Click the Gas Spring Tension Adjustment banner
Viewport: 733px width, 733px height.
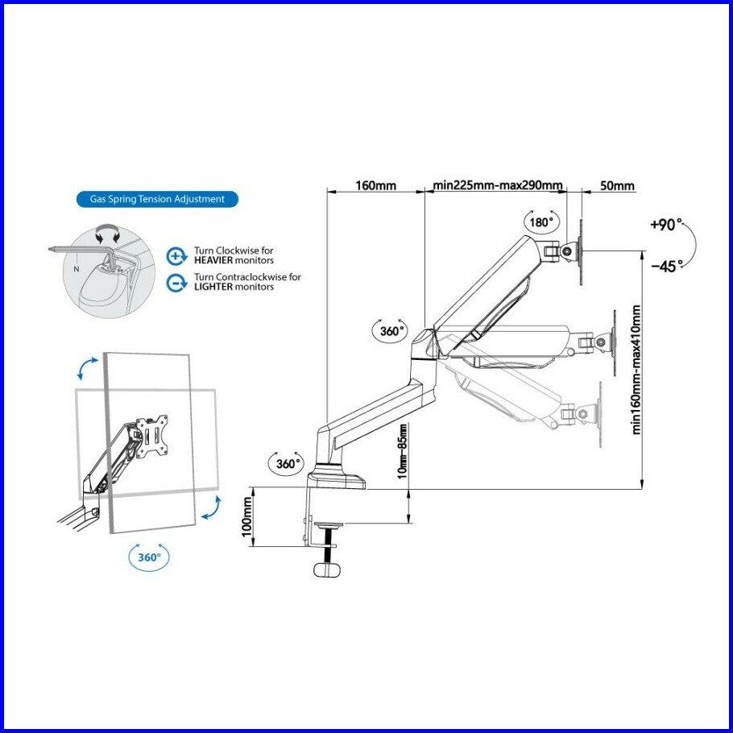151,198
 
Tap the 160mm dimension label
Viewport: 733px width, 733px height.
376,186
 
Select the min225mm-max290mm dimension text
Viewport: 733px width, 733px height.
498,186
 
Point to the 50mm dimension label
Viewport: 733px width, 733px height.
617,186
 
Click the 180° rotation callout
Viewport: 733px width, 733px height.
540,222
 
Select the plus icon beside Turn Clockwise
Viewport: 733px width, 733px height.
176,256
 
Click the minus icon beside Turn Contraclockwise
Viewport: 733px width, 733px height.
176,282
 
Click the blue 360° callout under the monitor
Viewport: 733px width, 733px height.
150,556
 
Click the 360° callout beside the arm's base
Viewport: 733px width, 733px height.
286,464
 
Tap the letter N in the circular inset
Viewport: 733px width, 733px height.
77,269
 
